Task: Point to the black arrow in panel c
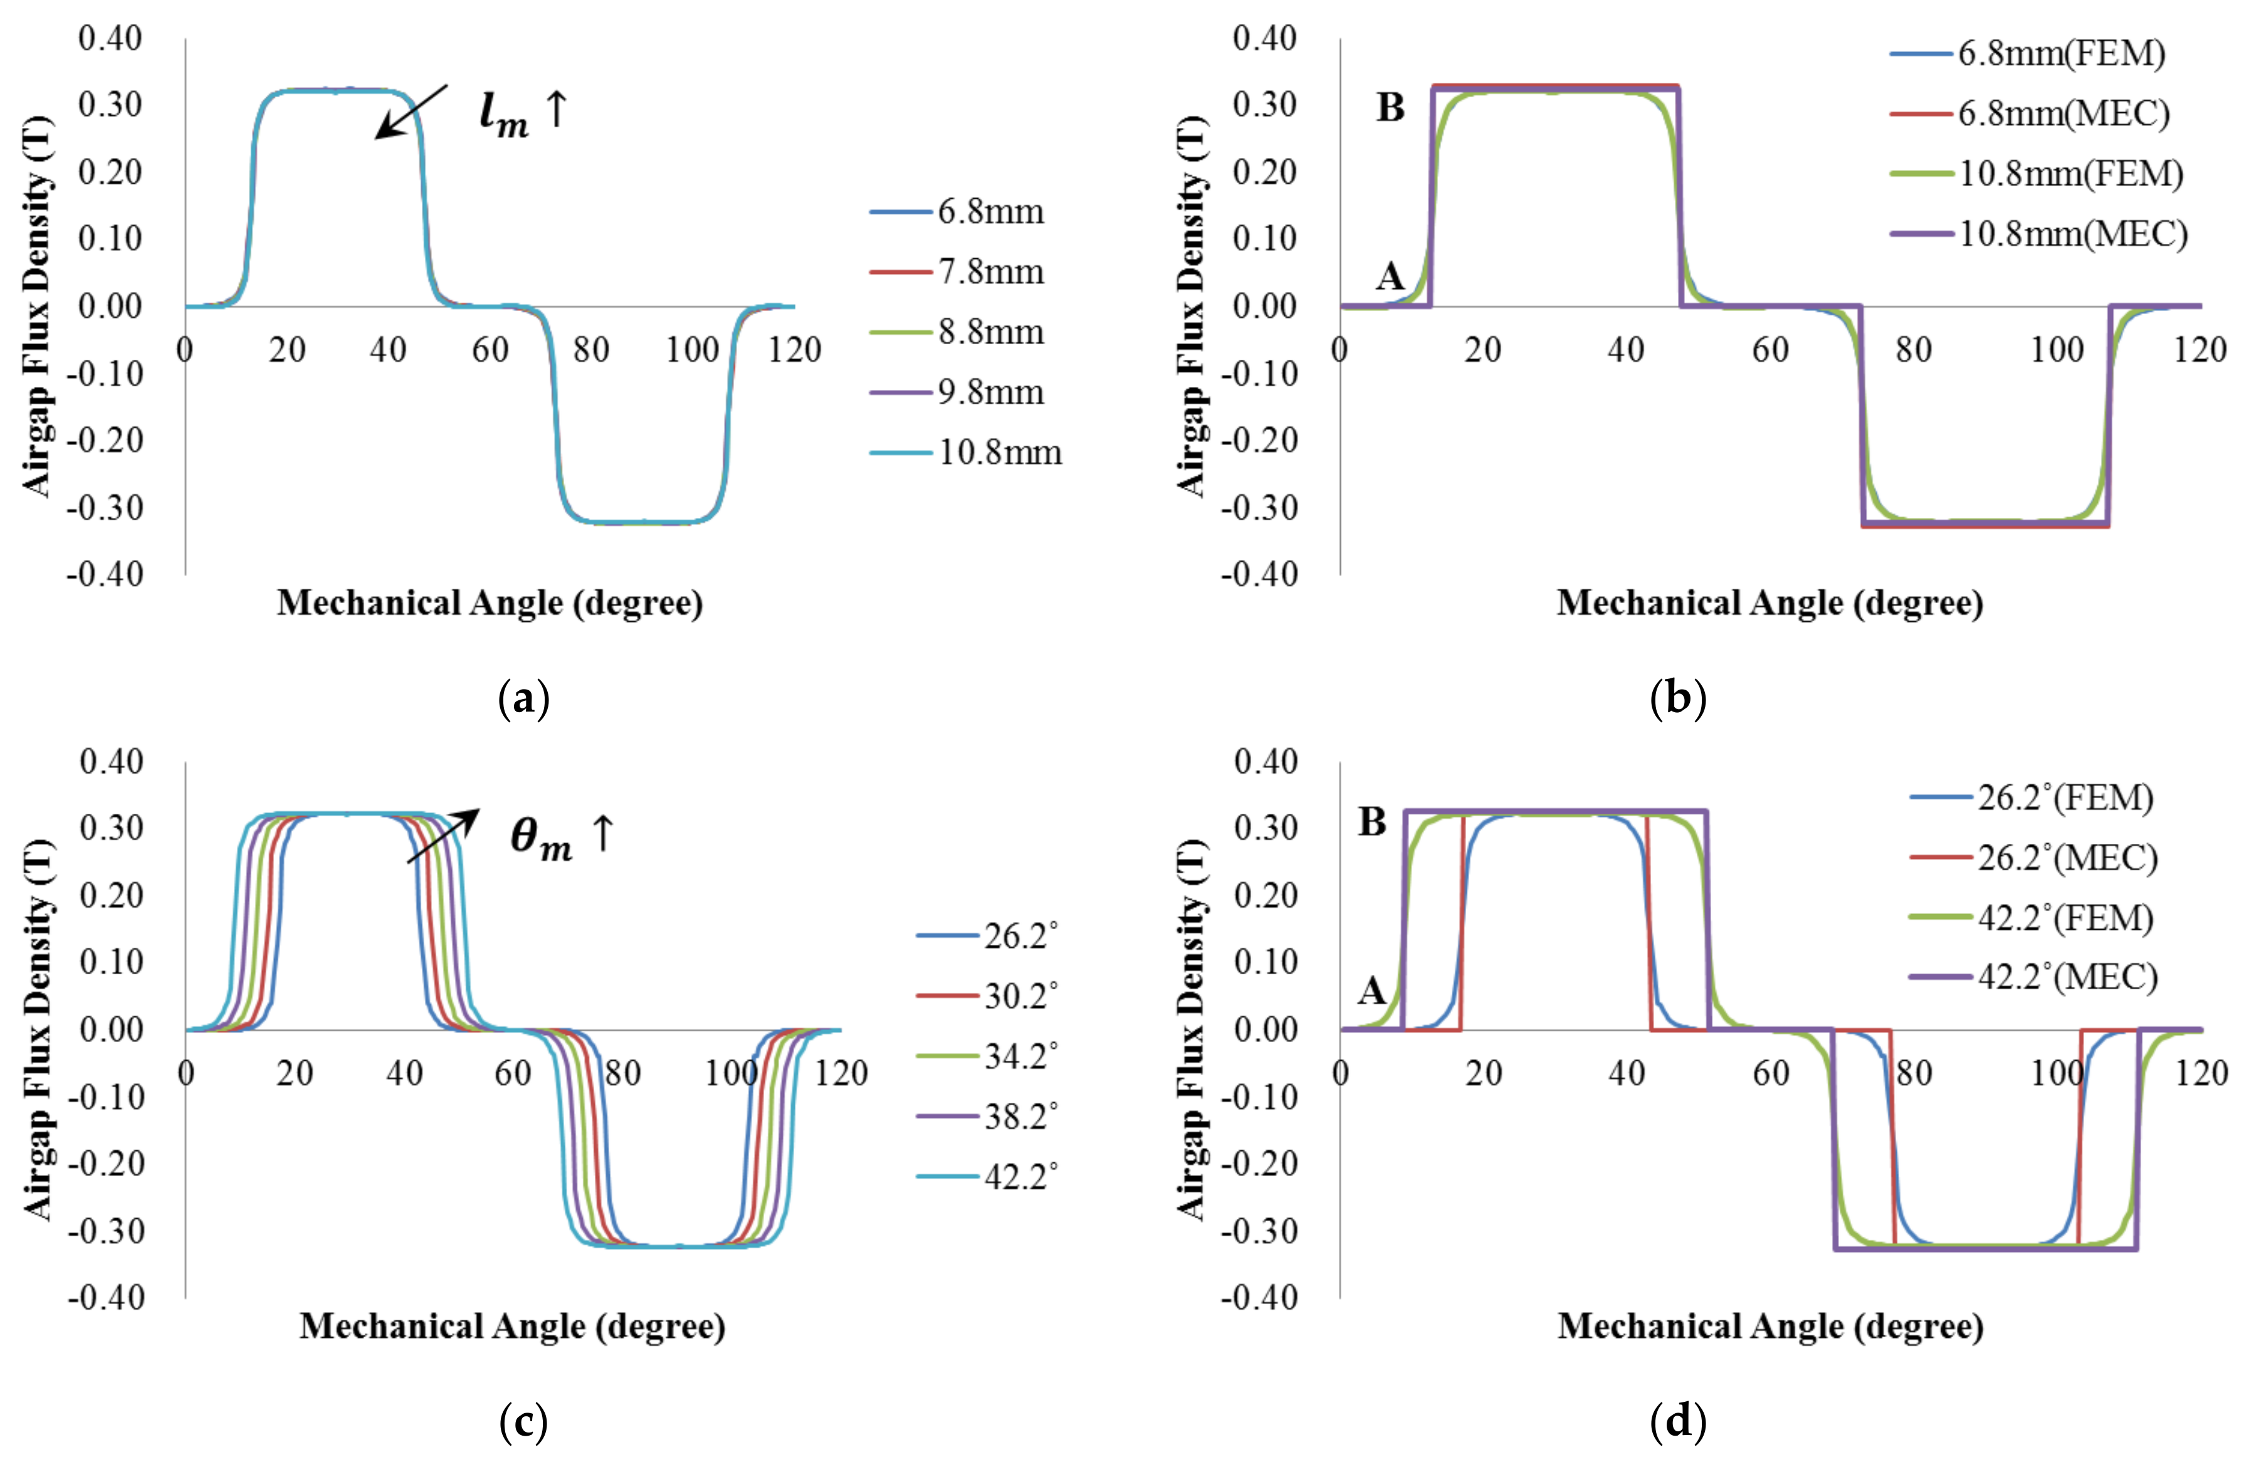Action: (443, 836)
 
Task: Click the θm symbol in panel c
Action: (540, 838)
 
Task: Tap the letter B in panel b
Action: (1390, 108)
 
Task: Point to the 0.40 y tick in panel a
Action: (110, 39)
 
